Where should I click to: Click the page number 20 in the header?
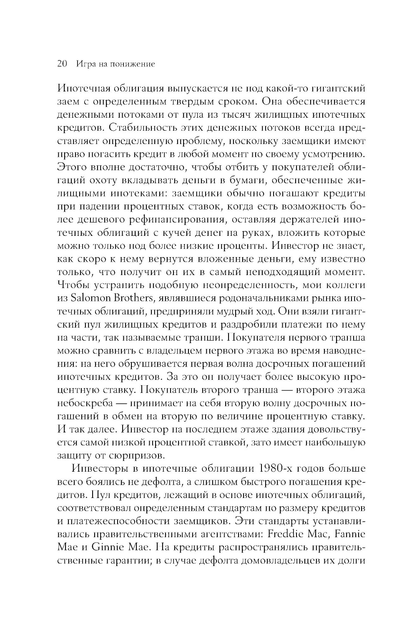point(61,64)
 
